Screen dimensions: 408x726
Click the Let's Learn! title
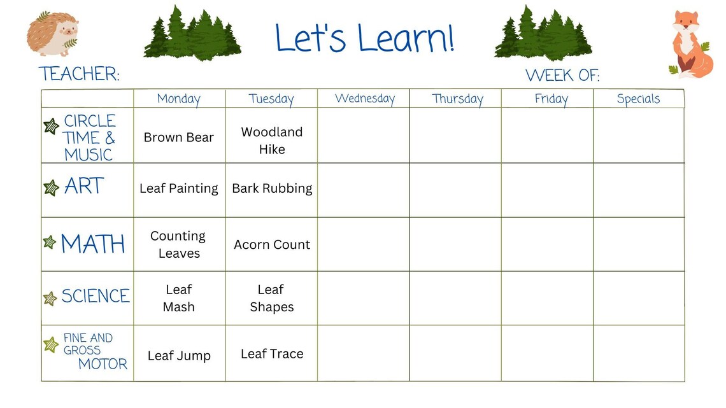tap(365, 38)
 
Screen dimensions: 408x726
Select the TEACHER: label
tap(79, 74)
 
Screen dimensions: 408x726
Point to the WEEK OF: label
tap(562, 76)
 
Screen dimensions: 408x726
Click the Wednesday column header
tap(364, 99)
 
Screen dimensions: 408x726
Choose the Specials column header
tap(638, 99)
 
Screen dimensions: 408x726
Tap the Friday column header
tap(551, 99)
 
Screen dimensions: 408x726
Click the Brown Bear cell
tap(179, 137)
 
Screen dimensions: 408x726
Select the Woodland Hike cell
tap(272, 141)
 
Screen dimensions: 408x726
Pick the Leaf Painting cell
tap(179, 188)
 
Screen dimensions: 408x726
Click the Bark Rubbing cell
tap(272, 188)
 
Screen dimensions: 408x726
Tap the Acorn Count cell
tap(272, 245)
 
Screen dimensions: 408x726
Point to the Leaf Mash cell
tap(179, 298)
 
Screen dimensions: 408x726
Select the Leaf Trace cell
tap(272, 354)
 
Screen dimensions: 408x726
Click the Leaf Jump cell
tap(179, 356)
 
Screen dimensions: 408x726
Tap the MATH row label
tap(93, 244)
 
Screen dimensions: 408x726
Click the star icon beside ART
tap(51, 188)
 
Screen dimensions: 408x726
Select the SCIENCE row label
tap(96, 296)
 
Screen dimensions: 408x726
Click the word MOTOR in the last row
tap(103, 364)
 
